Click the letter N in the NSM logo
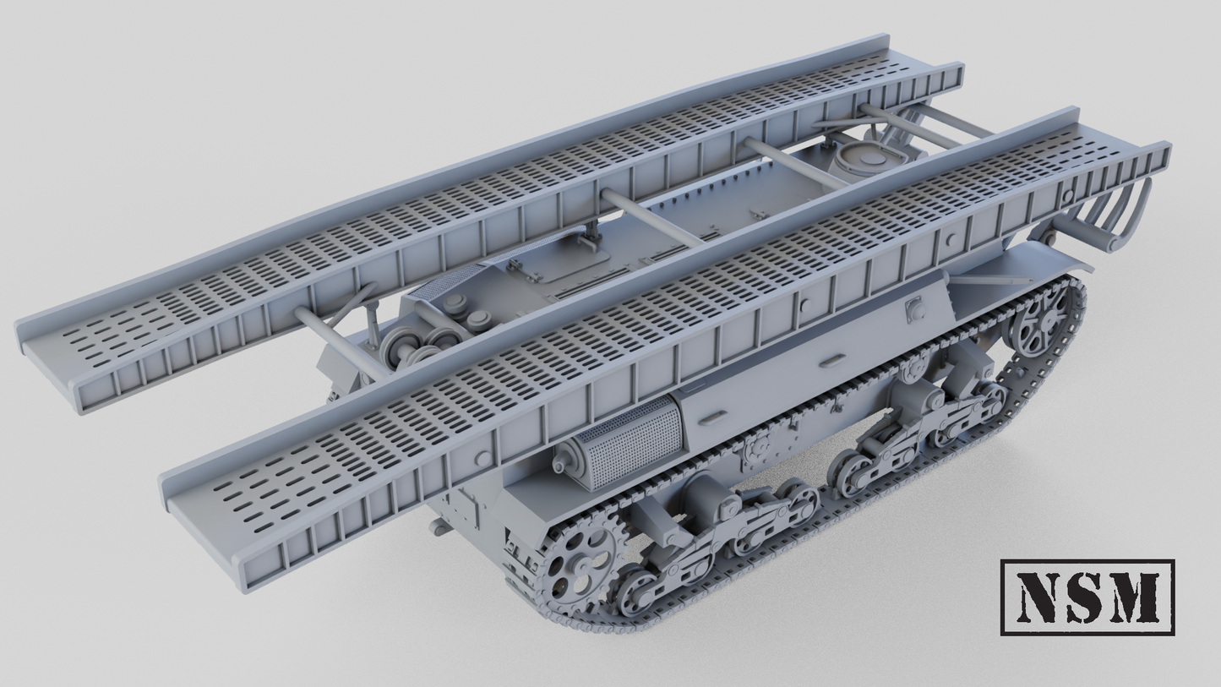point(1037,597)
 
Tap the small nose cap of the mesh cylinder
point(560,464)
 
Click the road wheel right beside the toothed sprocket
point(636,591)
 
